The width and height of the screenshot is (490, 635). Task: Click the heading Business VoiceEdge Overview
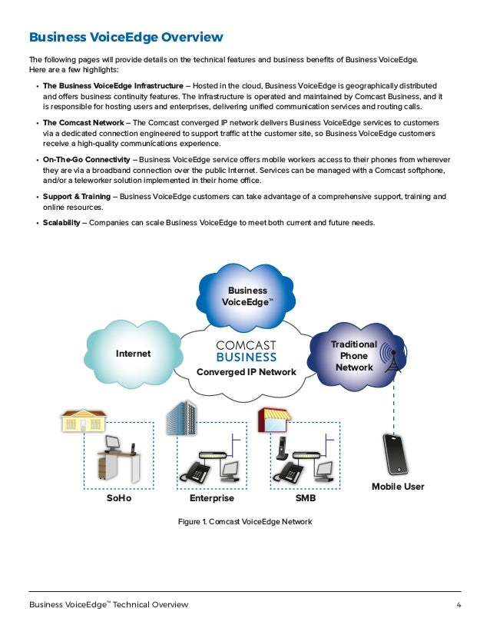click(x=126, y=37)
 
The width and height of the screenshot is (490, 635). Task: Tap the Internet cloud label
click(x=133, y=354)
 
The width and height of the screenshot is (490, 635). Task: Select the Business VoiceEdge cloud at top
click(x=247, y=297)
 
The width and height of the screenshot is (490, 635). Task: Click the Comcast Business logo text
click(x=246, y=351)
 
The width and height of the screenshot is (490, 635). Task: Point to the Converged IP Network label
click(x=246, y=372)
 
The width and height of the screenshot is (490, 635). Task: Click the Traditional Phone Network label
click(x=353, y=356)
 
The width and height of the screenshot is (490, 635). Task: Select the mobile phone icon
click(x=396, y=454)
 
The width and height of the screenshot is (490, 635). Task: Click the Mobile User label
click(x=398, y=487)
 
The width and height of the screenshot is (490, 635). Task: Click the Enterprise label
click(x=212, y=499)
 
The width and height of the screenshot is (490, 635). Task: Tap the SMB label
click(x=305, y=499)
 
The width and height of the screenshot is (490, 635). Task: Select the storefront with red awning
click(x=273, y=420)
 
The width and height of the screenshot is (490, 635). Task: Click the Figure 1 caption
click(x=245, y=523)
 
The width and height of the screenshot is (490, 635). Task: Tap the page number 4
click(x=459, y=605)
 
